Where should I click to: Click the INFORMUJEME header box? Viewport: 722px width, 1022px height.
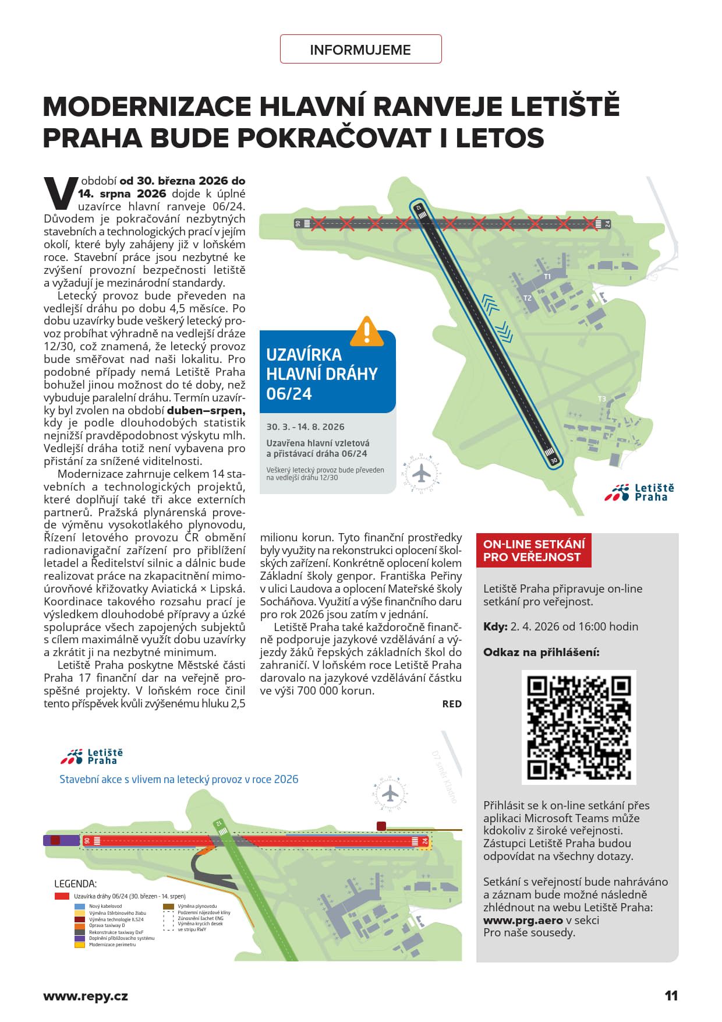click(x=360, y=50)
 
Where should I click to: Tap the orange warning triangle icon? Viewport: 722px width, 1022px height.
click(x=366, y=332)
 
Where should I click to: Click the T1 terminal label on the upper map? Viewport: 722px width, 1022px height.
click(x=547, y=277)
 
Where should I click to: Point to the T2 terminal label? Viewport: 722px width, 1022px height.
click(x=528, y=298)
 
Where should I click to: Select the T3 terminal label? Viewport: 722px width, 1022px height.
click(x=602, y=399)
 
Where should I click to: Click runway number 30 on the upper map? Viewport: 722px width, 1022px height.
click(x=554, y=460)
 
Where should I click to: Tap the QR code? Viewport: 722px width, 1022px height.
click(x=579, y=727)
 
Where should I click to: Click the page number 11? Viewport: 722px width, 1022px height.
click(x=671, y=996)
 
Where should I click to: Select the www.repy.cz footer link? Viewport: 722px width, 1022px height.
click(x=86, y=996)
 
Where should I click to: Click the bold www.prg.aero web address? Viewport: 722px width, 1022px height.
click(x=523, y=920)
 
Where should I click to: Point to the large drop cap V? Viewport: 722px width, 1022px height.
click(x=60, y=193)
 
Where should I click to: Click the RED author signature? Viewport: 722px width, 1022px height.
click(x=452, y=704)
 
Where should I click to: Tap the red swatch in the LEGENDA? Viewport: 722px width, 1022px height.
click(x=62, y=896)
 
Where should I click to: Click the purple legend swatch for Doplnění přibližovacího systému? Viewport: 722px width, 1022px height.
click(x=80, y=938)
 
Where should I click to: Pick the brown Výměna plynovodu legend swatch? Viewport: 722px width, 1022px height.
click(x=168, y=907)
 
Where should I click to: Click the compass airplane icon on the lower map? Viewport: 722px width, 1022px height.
click(x=390, y=793)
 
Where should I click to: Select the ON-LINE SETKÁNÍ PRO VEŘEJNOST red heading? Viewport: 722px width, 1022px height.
click(x=533, y=551)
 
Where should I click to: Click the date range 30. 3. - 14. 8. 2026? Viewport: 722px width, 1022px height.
click(x=306, y=427)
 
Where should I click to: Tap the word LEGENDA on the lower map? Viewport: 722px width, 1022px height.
click(x=76, y=884)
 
